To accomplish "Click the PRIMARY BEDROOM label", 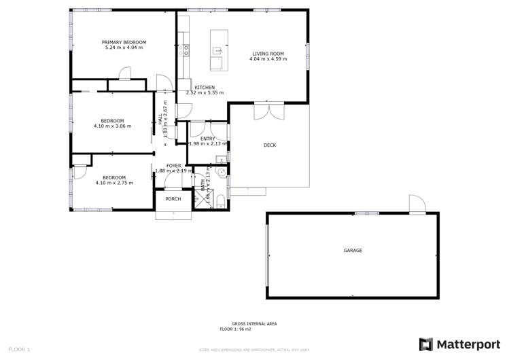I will (124, 42).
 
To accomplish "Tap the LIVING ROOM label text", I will (268, 54).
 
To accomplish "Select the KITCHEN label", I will (205, 88).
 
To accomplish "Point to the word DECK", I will (269, 145).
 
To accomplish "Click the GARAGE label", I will (352, 251).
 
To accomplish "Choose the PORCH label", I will (173, 199).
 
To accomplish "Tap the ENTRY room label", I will (207, 139).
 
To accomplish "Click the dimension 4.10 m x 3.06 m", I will (112, 126).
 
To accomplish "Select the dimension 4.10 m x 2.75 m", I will (114, 183).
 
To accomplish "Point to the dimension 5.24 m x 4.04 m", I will (124, 48).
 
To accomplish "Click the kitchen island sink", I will (217, 50).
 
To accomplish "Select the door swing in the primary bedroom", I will (124, 73).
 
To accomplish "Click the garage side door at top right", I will (417, 204).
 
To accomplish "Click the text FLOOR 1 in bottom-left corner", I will (18, 349).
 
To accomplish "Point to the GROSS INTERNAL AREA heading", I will (254, 323).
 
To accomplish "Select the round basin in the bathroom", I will (221, 173).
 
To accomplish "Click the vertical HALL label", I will (161, 120).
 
